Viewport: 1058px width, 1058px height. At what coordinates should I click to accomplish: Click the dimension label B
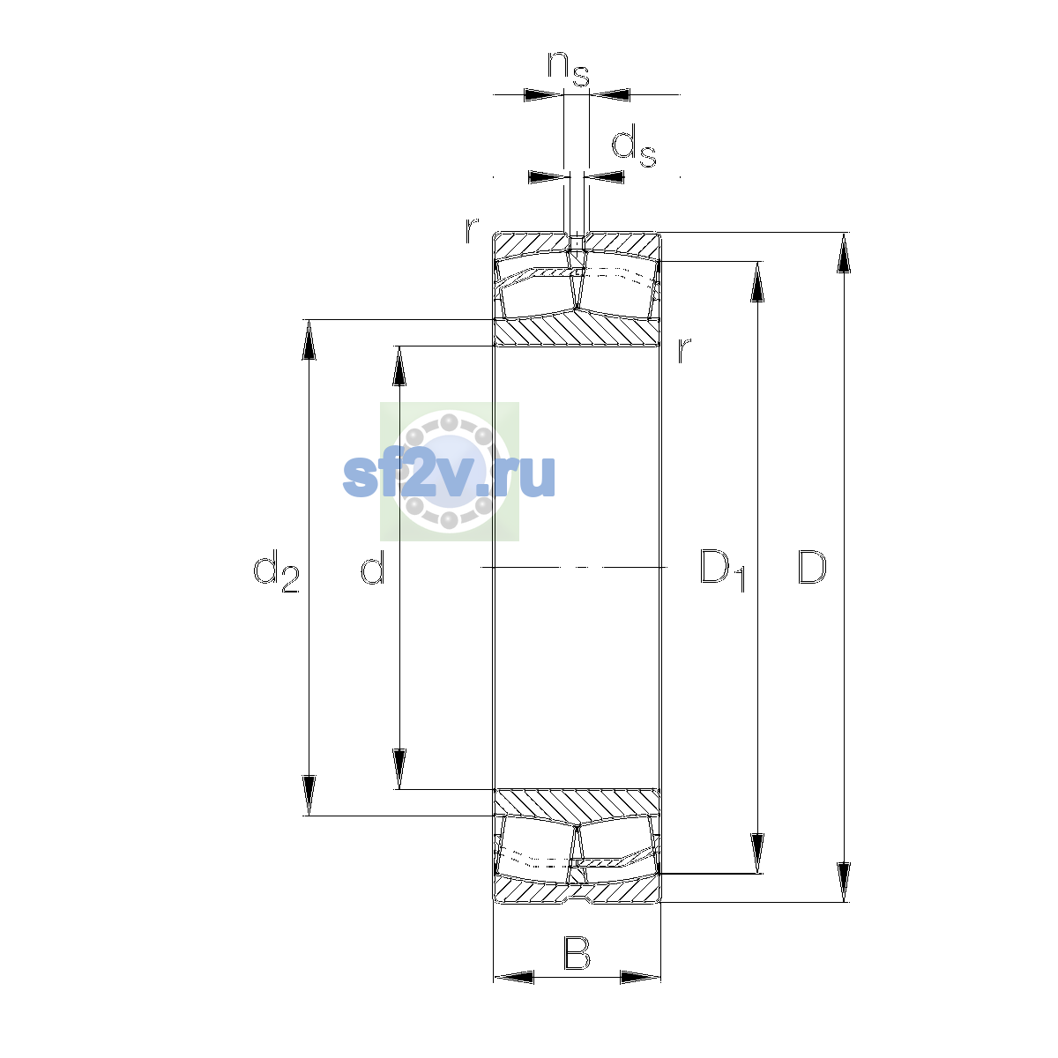click(x=577, y=953)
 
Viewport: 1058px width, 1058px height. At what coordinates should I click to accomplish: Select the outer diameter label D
click(x=811, y=567)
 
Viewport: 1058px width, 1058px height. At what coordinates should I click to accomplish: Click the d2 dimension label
click(x=276, y=571)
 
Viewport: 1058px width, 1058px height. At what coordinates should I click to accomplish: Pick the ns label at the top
click(x=569, y=69)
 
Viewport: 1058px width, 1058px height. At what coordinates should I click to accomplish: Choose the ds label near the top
click(x=634, y=145)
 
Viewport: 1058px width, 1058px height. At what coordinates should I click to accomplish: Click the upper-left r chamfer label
click(x=472, y=231)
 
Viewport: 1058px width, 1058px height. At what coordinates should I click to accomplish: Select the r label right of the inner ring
click(x=683, y=350)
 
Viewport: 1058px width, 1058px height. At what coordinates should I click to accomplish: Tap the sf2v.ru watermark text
click(x=449, y=476)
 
